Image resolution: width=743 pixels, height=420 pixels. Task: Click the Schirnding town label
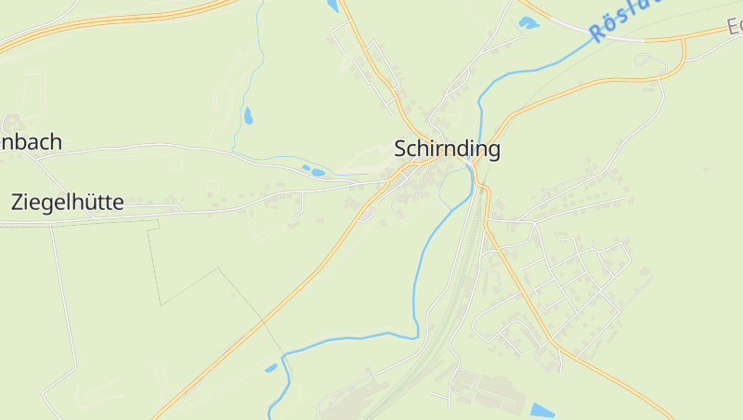(x=447, y=149)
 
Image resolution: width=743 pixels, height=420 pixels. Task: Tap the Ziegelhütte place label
(x=67, y=203)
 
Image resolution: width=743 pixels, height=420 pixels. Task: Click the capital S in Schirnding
(x=401, y=149)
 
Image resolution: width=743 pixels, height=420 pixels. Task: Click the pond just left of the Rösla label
(x=528, y=22)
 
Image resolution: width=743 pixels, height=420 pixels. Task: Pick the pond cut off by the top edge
(x=332, y=6)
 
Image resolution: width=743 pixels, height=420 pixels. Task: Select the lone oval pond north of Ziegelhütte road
(x=248, y=116)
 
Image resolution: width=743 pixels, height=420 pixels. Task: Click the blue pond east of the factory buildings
(x=542, y=410)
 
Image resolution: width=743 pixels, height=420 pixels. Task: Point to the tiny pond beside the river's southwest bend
(x=271, y=368)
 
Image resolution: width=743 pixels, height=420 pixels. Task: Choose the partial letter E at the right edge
(x=735, y=27)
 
